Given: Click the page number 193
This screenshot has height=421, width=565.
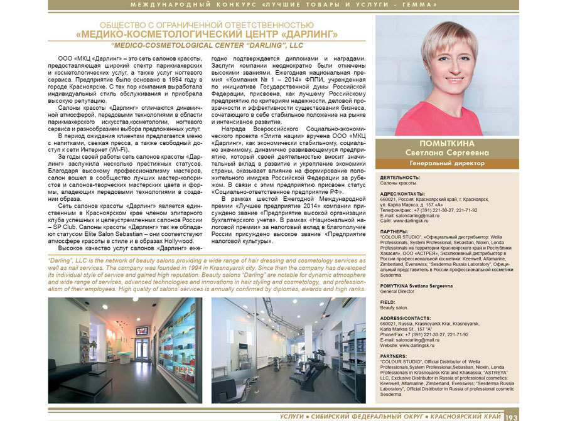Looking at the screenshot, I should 511,416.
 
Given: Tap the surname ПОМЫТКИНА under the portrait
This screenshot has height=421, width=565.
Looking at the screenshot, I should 446,144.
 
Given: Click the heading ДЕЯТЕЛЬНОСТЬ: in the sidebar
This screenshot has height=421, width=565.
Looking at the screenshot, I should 401,178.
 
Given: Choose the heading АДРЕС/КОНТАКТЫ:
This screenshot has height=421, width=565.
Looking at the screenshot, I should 402,194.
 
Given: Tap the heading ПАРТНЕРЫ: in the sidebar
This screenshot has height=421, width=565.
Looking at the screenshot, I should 395,231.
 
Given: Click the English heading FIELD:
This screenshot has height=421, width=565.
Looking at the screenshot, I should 388,302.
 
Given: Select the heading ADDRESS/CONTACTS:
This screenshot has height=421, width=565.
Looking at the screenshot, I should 406,317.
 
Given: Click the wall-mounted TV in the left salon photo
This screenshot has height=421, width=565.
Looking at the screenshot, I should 142,331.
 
